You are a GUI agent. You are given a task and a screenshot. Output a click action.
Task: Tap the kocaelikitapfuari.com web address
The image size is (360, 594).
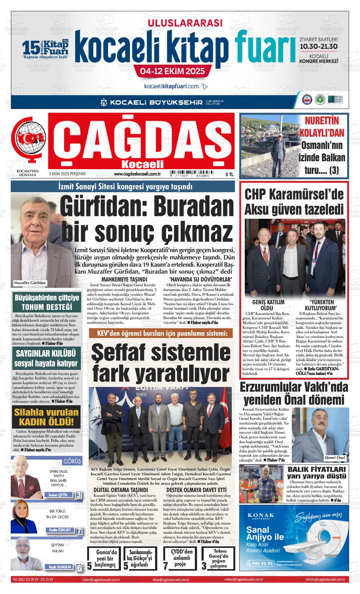tap(172, 86)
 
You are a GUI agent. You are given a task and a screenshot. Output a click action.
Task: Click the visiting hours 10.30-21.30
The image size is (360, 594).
tap(319, 46)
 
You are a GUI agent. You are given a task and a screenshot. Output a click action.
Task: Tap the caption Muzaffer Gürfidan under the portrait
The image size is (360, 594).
tap(30, 283)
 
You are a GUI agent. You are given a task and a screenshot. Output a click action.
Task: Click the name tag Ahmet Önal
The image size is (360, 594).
tap(335, 458)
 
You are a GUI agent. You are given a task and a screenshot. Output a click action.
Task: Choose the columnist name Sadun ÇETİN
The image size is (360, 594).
tap(58, 495)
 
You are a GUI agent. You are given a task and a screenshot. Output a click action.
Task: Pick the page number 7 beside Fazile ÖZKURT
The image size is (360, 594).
tap(79, 531)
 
